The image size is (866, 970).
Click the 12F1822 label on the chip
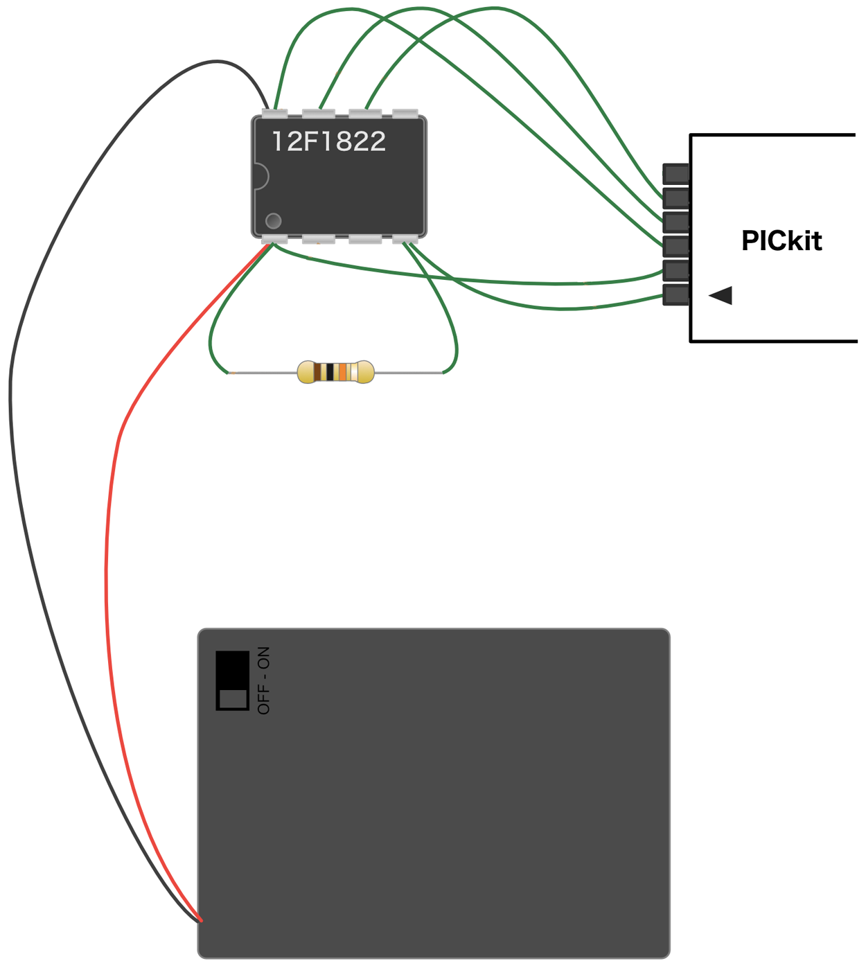coord(328,141)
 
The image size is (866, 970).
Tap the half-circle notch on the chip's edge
coord(261,176)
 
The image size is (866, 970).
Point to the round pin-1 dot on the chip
coord(274,221)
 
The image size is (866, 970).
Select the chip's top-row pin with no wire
coord(405,113)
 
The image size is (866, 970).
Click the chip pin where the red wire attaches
coord(274,240)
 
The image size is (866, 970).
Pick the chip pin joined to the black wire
coord(274,113)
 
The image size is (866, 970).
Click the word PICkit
coord(781,241)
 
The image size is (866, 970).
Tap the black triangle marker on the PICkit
coord(721,295)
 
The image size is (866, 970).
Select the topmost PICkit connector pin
coord(676,173)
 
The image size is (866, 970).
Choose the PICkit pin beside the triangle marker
coord(676,294)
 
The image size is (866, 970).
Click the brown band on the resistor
coord(318,372)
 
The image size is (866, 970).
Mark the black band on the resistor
coord(330,372)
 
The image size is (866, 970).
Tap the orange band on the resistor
coord(342,372)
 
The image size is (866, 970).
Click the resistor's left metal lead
coord(263,373)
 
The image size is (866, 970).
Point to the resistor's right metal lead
coord(409,373)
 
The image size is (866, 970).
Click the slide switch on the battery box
coord(232,680)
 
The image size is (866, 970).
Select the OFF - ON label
coord(264,680)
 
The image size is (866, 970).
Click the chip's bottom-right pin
coord(405,240)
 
